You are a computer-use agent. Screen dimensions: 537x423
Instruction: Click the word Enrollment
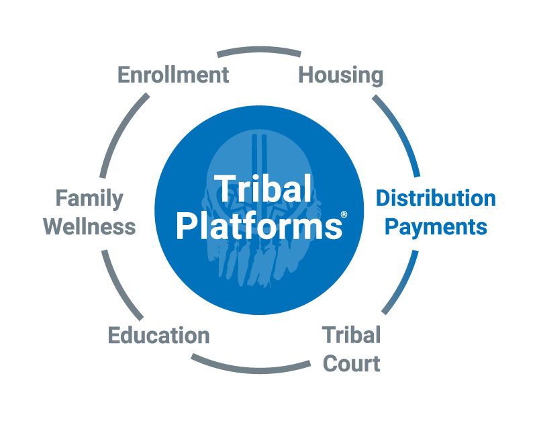[173, 75]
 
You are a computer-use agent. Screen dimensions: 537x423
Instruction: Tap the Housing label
[341, 76]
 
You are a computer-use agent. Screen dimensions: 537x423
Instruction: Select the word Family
[89, 199]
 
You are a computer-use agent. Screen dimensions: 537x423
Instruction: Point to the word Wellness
[89, 227]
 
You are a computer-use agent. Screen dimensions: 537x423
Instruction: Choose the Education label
[158, 335]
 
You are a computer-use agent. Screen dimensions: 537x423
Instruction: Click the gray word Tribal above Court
[351, 334]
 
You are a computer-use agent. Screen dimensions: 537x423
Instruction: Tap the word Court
[351, 363]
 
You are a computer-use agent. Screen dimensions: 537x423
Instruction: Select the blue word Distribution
[436, 198]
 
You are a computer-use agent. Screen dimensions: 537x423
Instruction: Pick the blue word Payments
[436, 228]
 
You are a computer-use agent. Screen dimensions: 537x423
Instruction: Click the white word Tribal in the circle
[262, 188]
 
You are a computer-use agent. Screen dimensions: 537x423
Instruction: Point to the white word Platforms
[259, 226]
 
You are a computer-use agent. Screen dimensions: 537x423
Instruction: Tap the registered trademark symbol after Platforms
[344, 215]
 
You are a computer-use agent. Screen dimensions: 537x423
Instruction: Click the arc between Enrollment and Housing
[259, 50]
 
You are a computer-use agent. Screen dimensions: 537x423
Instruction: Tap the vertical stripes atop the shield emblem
[259, 150]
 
